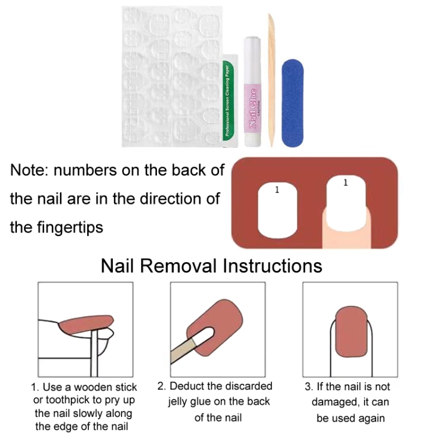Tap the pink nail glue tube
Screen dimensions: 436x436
(252, 92)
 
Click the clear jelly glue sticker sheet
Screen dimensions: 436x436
(173, 77)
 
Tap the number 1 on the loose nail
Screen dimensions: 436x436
(277, 190)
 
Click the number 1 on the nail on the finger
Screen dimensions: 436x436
(345, 183)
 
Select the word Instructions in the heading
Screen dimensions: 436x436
(273, 266)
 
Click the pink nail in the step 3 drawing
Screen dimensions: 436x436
(352, 332)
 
